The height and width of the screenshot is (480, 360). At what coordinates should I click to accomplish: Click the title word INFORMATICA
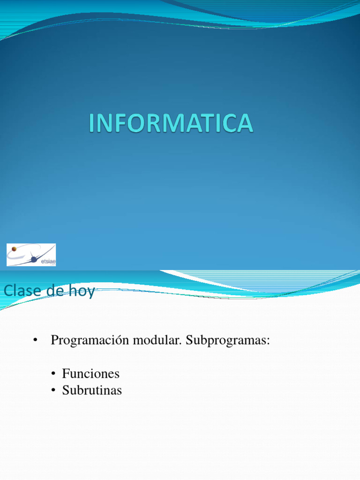(171, 123)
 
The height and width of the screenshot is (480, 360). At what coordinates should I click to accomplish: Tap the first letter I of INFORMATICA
(92, 123)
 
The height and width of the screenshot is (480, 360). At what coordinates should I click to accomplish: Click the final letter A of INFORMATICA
(245, 123)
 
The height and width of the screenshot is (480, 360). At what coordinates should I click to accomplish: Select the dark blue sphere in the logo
(34, 259)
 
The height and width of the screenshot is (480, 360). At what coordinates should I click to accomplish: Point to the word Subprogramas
(226, 341)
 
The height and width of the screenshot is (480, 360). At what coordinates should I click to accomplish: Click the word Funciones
(91, 374)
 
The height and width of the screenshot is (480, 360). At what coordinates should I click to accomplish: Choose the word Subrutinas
(92, 390)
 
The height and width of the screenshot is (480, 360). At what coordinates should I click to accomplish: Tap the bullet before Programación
(35, 341)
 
